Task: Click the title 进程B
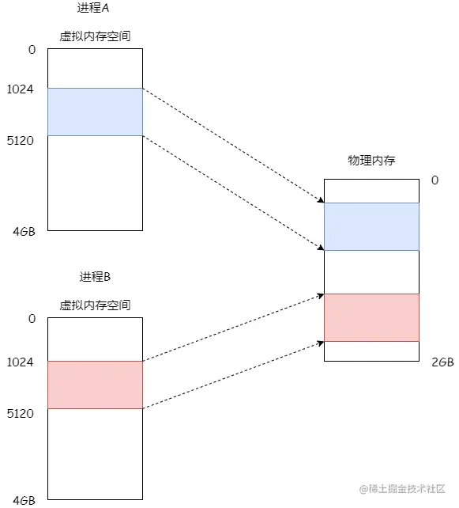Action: point(95,277)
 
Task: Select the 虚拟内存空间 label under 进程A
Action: point(95,36)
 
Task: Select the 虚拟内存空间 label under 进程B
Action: point(95,305)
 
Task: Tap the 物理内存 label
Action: point(371,160)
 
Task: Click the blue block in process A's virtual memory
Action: point(95,112)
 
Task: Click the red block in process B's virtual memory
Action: point(95,385)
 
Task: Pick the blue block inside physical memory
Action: point(371,226)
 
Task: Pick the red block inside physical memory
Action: point(371,317)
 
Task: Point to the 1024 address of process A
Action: point(19,89)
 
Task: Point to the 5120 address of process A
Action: point(19,140)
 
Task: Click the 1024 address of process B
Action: point(19,362)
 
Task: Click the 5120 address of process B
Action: point(19,413)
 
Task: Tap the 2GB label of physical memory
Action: point(442,362)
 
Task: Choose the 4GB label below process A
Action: point(24,233)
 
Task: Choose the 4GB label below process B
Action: point(24,500)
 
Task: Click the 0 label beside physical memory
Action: point(435,180)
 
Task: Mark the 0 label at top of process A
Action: point(32,50)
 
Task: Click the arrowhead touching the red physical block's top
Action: point(320,295)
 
